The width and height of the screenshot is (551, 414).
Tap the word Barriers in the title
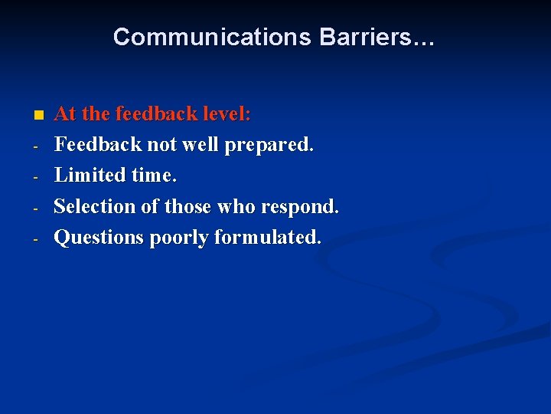pos(363,37)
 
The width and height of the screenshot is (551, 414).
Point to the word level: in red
pos(227,114)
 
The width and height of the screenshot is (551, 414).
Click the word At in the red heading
pos(65,114)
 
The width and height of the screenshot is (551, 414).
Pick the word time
pos(154,175)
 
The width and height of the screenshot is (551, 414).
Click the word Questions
pos(99,238)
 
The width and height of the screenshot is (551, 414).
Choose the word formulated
pos(268,238)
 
